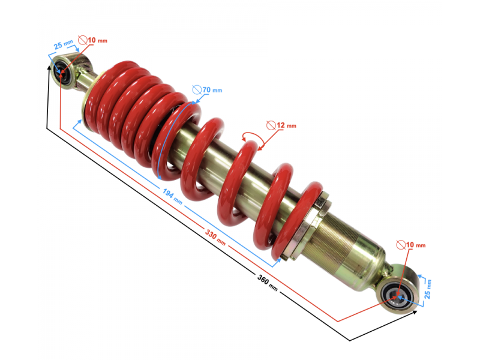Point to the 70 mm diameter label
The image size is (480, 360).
pos(211,90)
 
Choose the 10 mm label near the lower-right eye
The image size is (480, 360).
pos(415,245)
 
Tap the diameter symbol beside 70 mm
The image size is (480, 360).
pos(196,90)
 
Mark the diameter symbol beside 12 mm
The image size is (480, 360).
pos(271,125)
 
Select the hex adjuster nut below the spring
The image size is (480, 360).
pos(317,207)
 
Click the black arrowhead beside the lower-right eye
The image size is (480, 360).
pos(416,311)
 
